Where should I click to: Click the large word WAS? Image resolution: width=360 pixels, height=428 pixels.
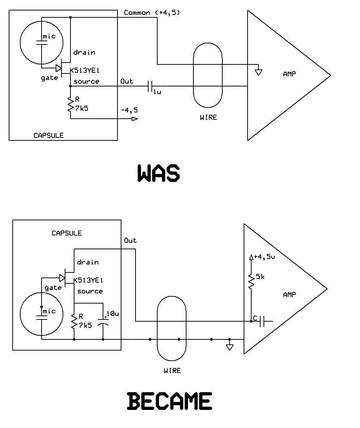(x=159, y=173)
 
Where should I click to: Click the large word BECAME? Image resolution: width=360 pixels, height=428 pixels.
(x=170, y=401)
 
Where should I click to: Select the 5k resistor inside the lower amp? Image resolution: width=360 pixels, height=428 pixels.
(x=251, y=281)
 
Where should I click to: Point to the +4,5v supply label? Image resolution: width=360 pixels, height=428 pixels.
(x=264, y=257)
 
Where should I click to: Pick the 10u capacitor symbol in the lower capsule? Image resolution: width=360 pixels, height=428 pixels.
(x=103, y=321)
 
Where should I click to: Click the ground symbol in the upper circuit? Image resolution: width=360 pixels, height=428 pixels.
(x=258, y=72)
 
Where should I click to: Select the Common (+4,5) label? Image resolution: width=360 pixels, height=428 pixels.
(x=152, y=13)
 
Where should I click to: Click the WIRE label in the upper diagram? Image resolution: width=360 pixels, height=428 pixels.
(x=208, y=117)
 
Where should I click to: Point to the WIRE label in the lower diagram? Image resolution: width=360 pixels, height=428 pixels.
(x=172, y=370)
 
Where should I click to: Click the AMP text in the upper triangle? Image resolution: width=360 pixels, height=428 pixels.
(x=290, y=74)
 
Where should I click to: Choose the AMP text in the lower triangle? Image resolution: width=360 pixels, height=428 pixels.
(x=289, y=294)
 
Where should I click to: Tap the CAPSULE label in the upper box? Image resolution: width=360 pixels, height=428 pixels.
(x=48, y=136)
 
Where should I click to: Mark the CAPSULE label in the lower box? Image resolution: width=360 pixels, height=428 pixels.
(x=67, y=233)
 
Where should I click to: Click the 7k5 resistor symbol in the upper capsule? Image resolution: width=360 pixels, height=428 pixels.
(x=70, y=105)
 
